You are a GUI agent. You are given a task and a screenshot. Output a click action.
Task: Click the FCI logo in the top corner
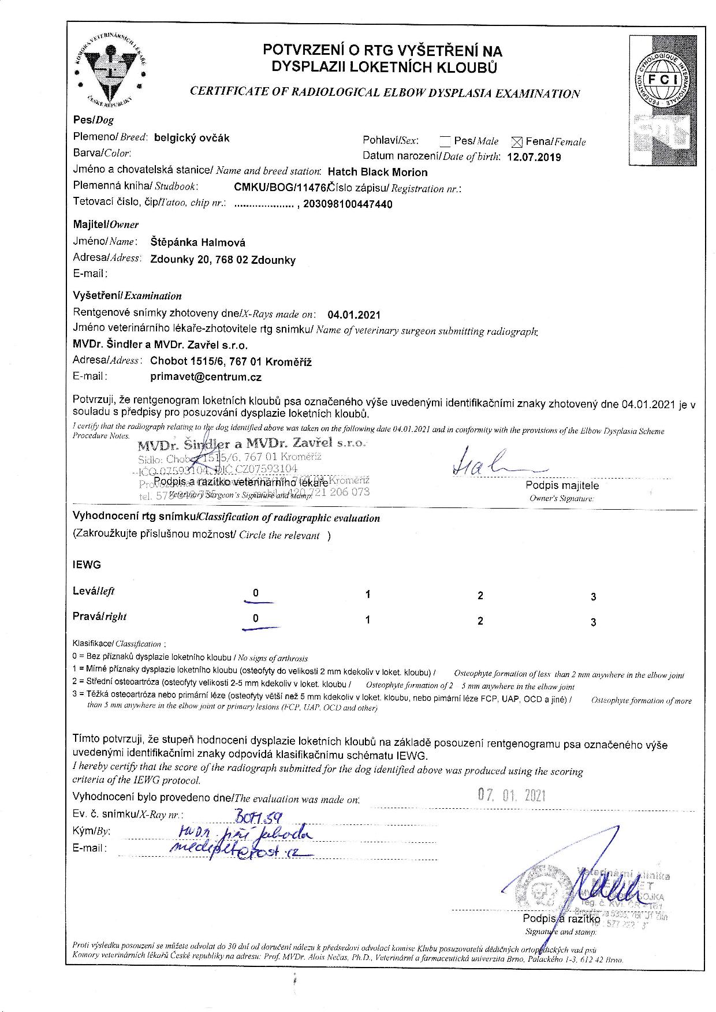(664, 80)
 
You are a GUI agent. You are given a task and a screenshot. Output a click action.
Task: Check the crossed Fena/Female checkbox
(517, 141)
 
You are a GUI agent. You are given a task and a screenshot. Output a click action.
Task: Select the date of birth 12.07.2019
(534, 157)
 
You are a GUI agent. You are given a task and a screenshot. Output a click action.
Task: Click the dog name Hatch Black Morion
(378, 172)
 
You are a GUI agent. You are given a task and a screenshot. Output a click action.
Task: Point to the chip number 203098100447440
(348, 204)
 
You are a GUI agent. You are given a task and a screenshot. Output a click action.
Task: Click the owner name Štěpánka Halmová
(198, 242)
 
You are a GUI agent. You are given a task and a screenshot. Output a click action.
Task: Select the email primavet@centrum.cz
(206, 377)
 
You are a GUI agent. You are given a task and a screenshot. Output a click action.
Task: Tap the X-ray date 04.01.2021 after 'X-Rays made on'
(354, 315)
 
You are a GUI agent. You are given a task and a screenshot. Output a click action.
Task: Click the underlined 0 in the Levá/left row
(256, 593)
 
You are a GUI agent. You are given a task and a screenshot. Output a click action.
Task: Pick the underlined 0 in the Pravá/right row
(256, 619)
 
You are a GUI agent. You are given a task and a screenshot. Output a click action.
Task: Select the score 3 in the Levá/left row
(593, 597)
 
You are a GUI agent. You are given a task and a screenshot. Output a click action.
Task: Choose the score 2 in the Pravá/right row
(480, 621)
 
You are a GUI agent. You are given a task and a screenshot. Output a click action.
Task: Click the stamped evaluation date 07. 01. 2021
(512, 796)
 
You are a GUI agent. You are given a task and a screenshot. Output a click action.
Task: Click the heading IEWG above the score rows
(87, 565)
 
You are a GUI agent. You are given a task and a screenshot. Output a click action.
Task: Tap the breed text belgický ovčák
(192, 138)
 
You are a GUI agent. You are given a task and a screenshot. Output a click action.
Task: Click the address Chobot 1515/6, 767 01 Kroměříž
(231, 362)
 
